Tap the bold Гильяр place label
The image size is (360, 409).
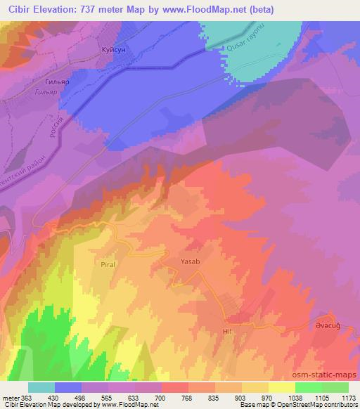[x=76, y=81]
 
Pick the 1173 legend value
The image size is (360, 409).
[x=348, y=397]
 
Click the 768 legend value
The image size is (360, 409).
[x=176, y=397]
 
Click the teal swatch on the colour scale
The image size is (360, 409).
[x=41, y=387]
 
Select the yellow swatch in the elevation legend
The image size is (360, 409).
[x=282, y=387]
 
